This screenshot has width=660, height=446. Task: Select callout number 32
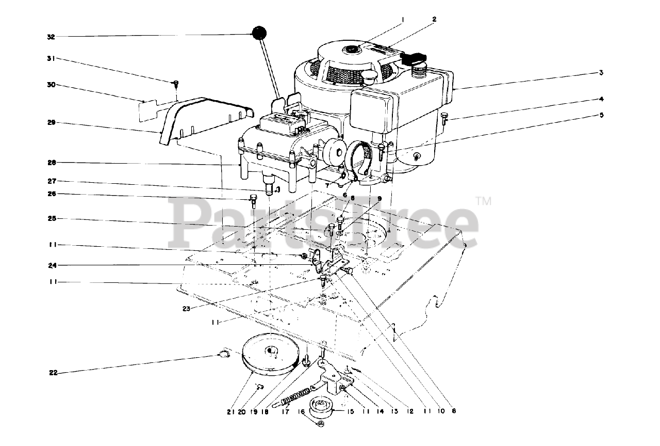[51, 37]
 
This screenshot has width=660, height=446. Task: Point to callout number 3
[601, 73]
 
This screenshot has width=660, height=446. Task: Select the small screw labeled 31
[175, 83]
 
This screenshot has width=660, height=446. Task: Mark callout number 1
[403, 19]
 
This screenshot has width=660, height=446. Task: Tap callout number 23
[186, 309]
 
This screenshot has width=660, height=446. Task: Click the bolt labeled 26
[253, 200]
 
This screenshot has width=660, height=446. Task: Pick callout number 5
[601, 115]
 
